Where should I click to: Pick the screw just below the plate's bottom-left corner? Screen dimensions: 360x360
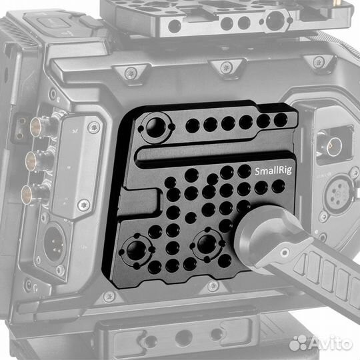coord(109,295)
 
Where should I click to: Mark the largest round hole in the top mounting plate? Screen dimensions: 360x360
coord(274,22)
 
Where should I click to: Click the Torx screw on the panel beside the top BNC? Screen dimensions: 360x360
coord(93,127)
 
